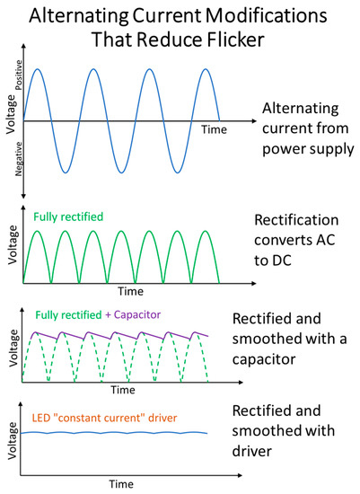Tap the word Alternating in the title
79,16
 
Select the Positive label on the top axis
19,75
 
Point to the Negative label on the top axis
19,159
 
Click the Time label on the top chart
215,129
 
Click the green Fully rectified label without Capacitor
68,216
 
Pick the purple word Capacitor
137,314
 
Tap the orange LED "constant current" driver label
104,418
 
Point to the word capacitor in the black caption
264,359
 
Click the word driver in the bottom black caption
252,451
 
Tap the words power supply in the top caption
308,149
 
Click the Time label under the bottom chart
121,484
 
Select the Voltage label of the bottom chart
13,441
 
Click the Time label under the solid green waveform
131,291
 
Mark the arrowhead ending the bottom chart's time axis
240,475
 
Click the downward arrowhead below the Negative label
23,196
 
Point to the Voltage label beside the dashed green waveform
13,348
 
